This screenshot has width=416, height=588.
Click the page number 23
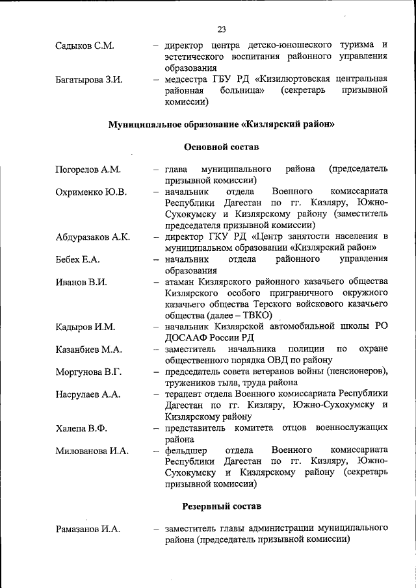222,29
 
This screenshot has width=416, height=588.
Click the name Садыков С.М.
84,45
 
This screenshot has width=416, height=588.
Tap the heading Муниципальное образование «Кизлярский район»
222,124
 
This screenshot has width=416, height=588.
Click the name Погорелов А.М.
88,170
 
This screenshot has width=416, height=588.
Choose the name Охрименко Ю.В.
91,192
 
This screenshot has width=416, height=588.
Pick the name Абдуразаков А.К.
93,236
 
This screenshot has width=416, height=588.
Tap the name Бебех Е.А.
77,259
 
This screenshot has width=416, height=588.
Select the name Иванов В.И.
81,282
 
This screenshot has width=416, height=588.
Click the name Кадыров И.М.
85,326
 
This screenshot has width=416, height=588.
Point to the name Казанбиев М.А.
89,349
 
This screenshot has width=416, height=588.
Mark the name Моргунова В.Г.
89,372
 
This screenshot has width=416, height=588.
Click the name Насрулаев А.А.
88,394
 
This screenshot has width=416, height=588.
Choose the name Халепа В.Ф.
81,428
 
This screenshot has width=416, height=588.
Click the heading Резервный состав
222,505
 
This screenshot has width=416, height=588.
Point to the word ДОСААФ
185,337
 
